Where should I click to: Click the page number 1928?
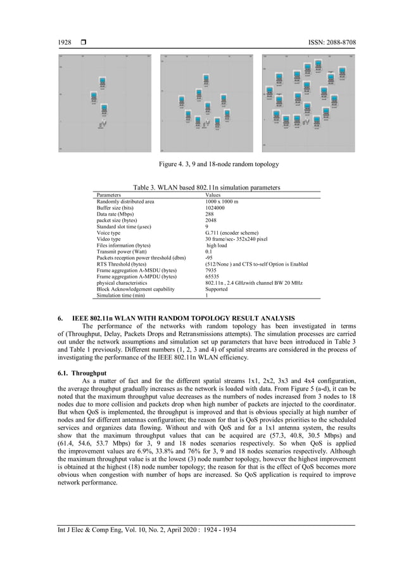[x=64, y=42]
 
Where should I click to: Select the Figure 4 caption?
[x=218, y=164]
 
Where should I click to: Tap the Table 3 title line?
[x=206, y=188]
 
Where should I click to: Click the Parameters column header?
[x=109, y=195]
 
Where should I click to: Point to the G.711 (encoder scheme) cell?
[x=227, y=233]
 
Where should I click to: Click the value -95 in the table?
[x=201, y=257]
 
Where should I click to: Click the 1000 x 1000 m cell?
[x=215, y=201]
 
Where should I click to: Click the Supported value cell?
[x=208, y=289]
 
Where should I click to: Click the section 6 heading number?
[x=60, y=317]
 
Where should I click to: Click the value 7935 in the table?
[x=203, y=270]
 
